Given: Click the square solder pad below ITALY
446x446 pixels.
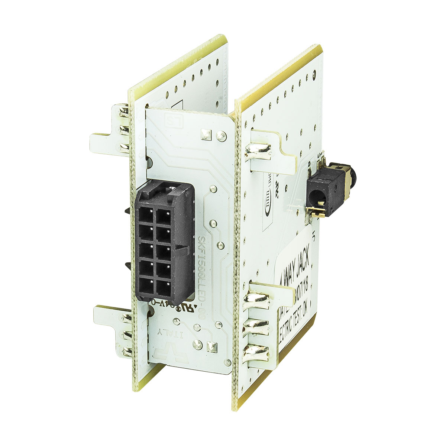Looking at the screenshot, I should (x=211, y=346).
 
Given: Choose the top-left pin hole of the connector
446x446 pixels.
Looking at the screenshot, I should (x=146, y=215).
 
